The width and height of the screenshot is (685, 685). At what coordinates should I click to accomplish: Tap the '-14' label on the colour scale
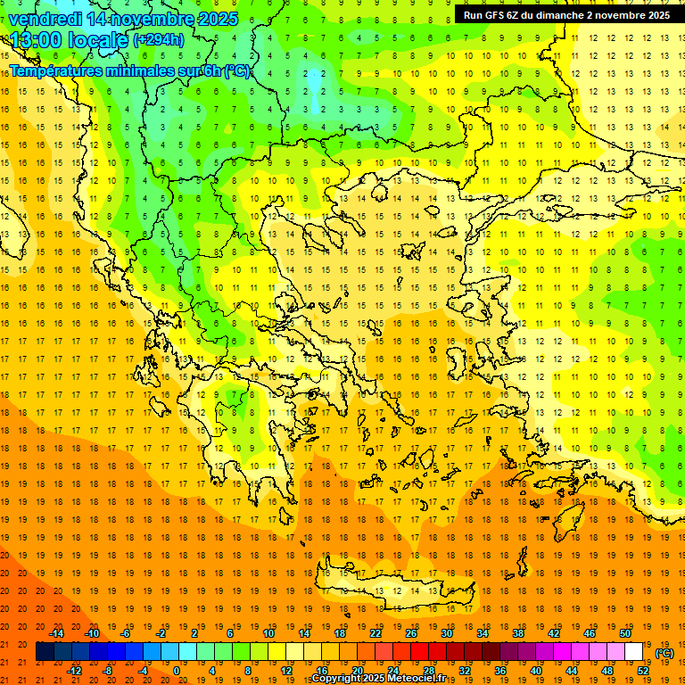point(56,633)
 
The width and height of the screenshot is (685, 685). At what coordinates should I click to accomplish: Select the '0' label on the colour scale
point(177,671)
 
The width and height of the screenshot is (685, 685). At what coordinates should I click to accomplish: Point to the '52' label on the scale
point(643,671)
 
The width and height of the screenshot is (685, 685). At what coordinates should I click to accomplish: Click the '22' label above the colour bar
point(376,633)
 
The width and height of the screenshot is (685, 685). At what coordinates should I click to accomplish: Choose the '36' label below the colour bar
point(500,671)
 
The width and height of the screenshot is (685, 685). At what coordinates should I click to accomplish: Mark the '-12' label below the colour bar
point(75,671)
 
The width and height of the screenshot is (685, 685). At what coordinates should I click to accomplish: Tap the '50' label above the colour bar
point(625,633)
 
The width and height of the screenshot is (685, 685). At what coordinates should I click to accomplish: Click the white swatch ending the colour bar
point(634,652)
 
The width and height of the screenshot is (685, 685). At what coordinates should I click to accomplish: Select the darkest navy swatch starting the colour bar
point(45,652)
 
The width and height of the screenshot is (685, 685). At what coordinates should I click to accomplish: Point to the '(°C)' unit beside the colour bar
point(664,653)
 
